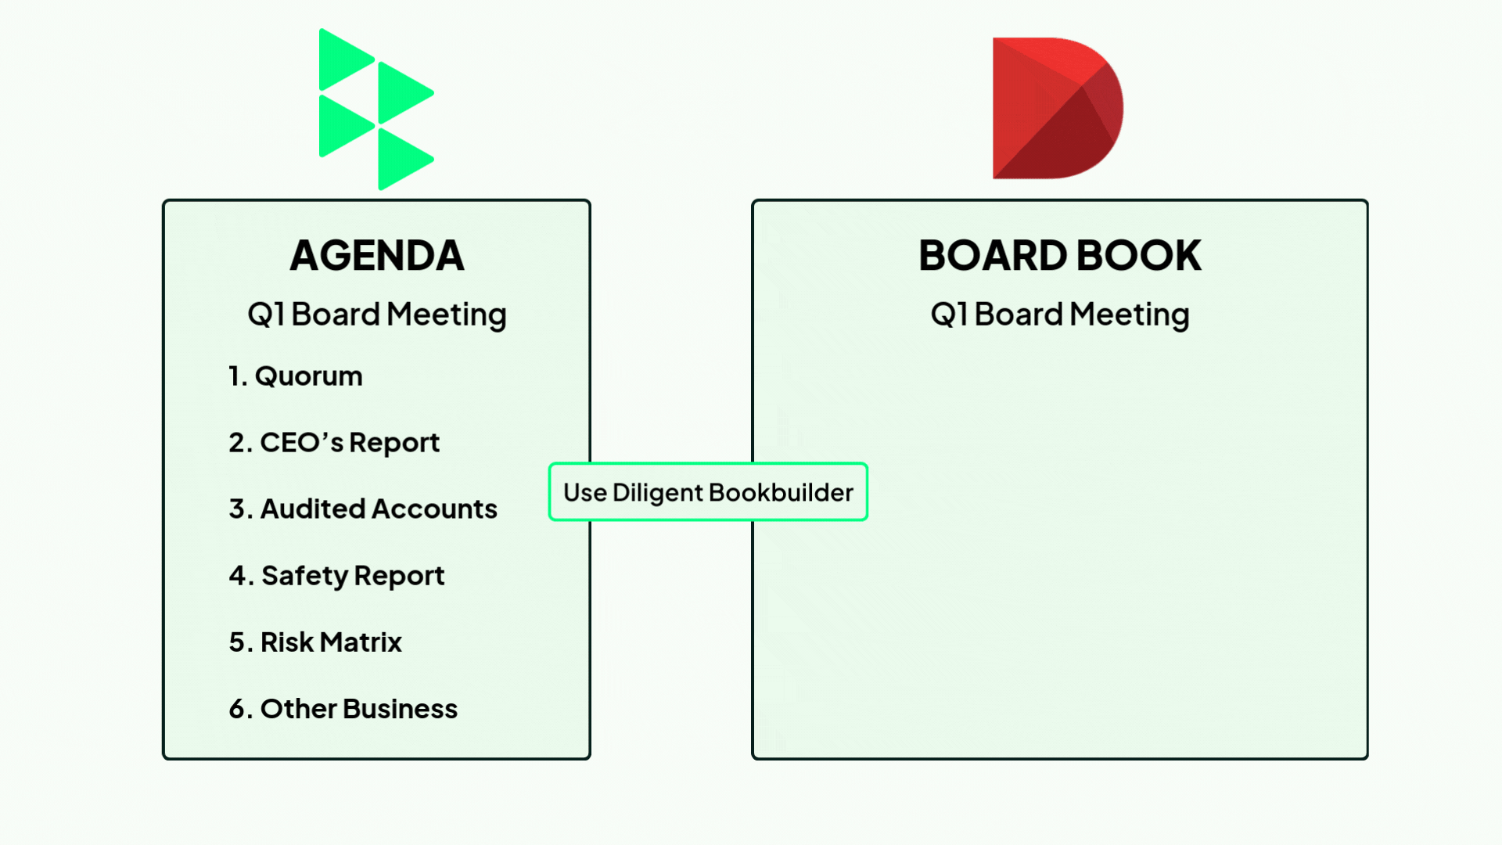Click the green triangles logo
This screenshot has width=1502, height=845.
pyautogui.click(x=377, y=110)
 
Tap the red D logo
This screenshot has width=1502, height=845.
pyautogui.click(x=1058, y=108)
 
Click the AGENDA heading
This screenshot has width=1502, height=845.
pyautogui.click(x=377, y=256)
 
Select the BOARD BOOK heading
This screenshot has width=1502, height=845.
pyautogui.click(x=1060, y=256)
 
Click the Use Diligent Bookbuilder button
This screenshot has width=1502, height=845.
pyautogui.click(x=708, y=492)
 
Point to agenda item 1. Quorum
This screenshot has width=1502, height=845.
pyautogui.click(x=296, y=376)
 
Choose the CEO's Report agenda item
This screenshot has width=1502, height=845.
pyautogui.click(x=334, y=443)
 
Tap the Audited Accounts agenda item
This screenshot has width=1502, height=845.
pyautogui.click(x=363, y=509)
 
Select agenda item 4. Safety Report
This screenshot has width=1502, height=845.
pyautogui.click(x=336, y=576)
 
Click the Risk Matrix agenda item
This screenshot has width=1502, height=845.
pyautogui.click(x=315, y=642)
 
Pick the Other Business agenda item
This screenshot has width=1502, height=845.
pyautogui.click(x=343, y=709)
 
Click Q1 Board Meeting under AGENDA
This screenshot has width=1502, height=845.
pyautogui.click(x=377, y=315)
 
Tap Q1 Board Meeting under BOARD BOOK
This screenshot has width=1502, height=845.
pyautogui.click(x=1060, y=315)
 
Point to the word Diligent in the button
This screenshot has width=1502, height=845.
pyautogui.click(x=658, y=494)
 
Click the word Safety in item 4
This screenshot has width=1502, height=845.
pyautogui.click(x=304, y=576)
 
